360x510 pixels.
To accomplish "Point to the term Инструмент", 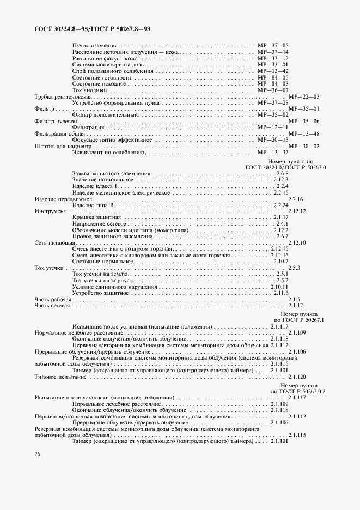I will pyautogui.click(x=50, y=211).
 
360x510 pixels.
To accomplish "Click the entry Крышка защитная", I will pyautogui.click(x=93, y=217).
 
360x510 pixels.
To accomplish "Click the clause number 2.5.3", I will pyautogui.click(x=294, y=268).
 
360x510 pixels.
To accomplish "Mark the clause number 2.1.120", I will pyautogui.click(x=297, y=377).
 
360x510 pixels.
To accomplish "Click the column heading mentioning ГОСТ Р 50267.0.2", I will pyautogui.click(x=298, y=388).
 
